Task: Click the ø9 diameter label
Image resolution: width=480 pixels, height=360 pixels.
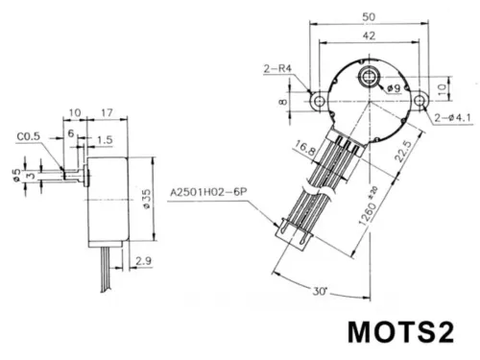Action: click(x=395, y=88)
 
